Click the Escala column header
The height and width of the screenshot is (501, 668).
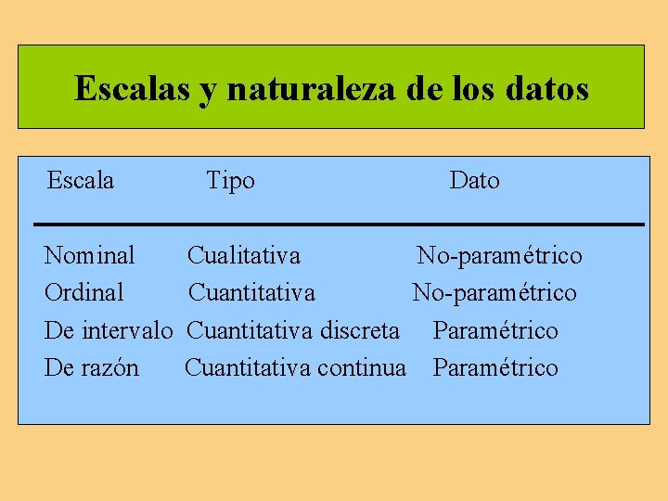coord(81,180)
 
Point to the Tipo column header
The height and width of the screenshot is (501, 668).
coord(230,180)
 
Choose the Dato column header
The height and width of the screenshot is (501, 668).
coord(474,180)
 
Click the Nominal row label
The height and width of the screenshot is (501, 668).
coord(90,255)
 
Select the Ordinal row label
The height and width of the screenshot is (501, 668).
coord(84,293)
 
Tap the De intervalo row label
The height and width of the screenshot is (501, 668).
coord(109,330)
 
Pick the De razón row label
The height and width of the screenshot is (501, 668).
coord(92,368)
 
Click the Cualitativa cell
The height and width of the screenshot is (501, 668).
coord(244,255)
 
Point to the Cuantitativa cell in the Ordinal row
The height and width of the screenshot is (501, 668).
coord(251,293)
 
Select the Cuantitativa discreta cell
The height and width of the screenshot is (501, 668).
coord(293,330)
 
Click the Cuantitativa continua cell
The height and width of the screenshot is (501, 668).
coord(295,368)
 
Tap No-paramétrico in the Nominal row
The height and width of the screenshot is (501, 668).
coord(499,255)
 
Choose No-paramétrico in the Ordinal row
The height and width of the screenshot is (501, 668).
coord(495,293)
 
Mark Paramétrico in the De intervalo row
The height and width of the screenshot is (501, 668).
coord(495,330)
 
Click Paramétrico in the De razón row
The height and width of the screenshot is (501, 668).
coord(495,368)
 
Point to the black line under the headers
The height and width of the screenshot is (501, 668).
coord(338,225)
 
